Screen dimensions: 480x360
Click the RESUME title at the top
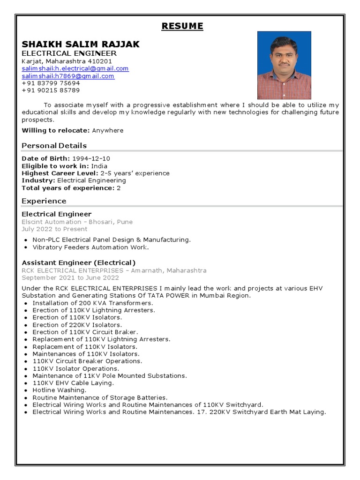pyautogui.click(x=182, y=26)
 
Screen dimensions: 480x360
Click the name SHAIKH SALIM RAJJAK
pyautogui.click(x=81, y=44)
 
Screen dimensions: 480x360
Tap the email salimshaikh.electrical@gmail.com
pyautogui.click(x=75, y=68)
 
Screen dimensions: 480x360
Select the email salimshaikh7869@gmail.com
pyautogui.click(x=68, y=76)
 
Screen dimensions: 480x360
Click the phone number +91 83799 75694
pyautogui.click(x=51, y=83)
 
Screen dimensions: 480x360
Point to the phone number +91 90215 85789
pyautogui.click(x=51, y=90)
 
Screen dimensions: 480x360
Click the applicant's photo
pyautogui.click(x=284, y=65)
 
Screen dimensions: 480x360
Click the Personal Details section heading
pyautogui.click(x=54, y=145)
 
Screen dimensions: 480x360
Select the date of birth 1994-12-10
pyautogui.click(x=91, y=158)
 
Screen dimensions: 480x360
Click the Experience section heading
pyautogui.click(x=44, y=201)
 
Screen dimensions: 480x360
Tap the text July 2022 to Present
pyautogui.click(x=54, y=229)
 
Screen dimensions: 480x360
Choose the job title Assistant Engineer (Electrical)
pyautogui.click(x=79, y=262)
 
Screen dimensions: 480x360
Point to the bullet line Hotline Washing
pyautogui.click(x=59, y=390)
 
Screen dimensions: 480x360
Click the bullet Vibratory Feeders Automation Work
pyautogui.click(x=90, y=247)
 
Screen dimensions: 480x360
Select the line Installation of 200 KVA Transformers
pyautogui.click(x=92, y=303)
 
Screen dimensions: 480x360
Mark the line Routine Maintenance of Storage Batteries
pyautogui.click(x=99, y=397)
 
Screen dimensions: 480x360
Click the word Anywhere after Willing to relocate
pyautogui.click(x=108, y=130)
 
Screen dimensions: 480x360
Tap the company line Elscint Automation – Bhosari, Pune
pyautogui.click(x=77, y=222)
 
